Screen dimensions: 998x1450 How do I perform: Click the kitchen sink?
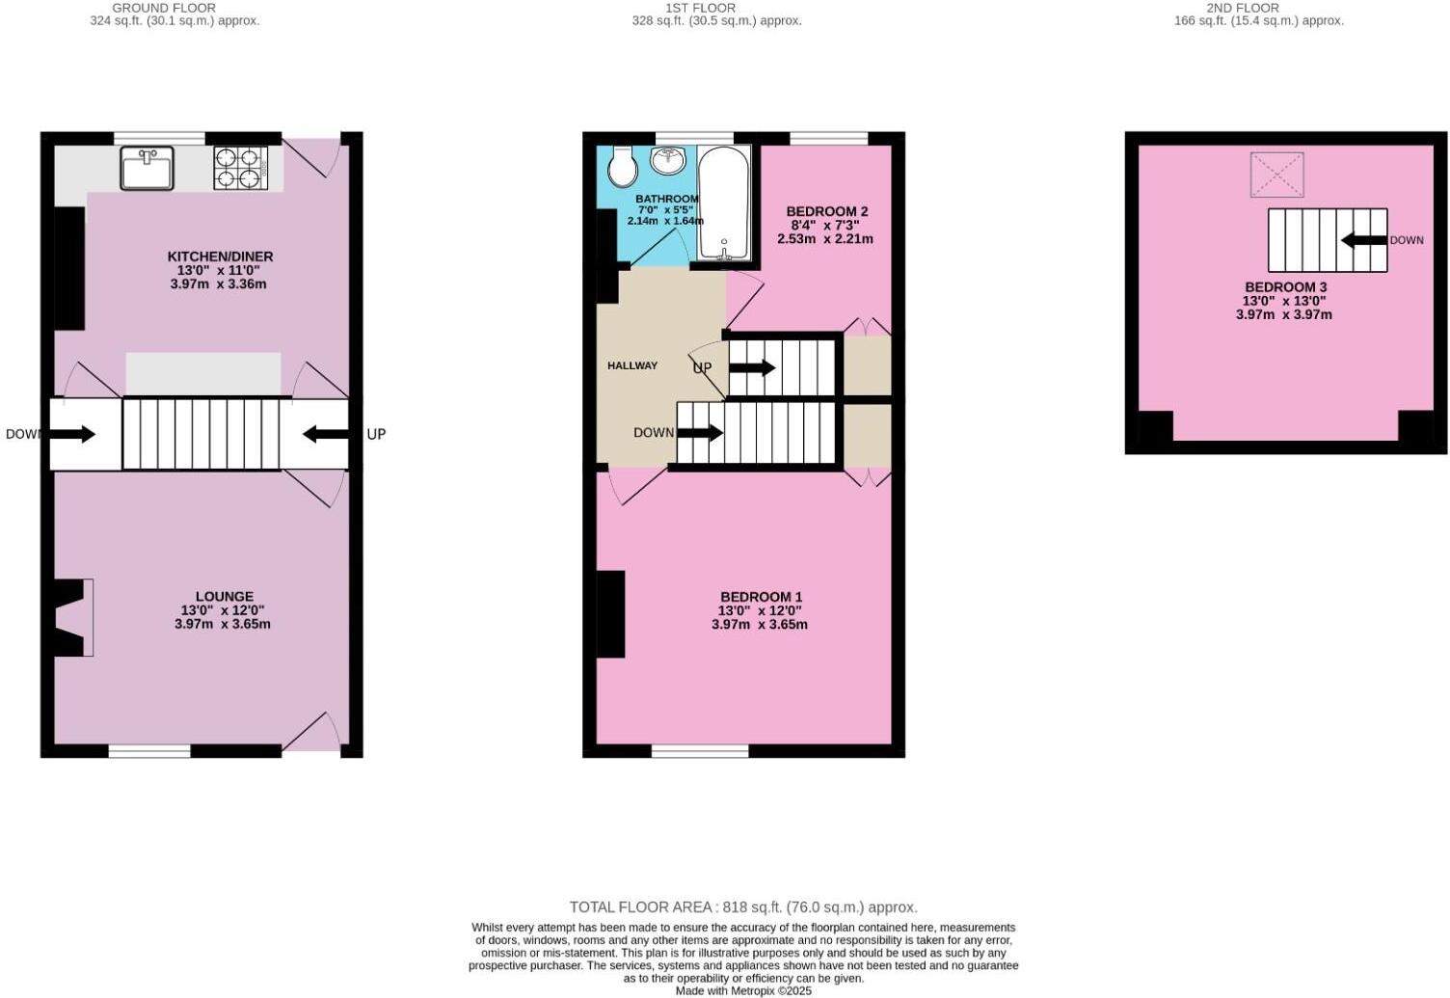click(x=147, y=168)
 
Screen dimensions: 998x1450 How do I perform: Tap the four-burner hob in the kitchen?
click(x=240, y=167)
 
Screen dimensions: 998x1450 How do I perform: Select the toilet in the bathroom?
click(x=623, y=167)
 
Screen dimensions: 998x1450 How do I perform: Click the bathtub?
click(x=723, y=202)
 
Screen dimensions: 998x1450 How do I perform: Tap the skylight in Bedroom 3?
click(x=1276, y=175)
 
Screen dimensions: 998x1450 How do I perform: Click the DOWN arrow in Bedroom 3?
click(x=1363, y=240)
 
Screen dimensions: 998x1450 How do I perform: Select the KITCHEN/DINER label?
click(x=220, y=256)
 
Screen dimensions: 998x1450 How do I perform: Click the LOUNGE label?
click(x=224, y=597)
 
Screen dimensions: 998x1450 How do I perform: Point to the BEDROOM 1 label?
click(x=761, y=597)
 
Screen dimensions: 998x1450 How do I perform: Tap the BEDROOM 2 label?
click(x=826, y=211)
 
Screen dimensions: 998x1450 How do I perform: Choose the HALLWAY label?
click(x=632, y=365)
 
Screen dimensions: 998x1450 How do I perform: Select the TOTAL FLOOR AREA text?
click(x=742, y=906)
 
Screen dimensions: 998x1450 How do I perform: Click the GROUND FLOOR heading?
click(x=164, y=8)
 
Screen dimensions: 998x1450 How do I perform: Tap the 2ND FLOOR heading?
click(x=1244, y=8)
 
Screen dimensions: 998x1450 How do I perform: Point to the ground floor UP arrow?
click(x=326, y=434)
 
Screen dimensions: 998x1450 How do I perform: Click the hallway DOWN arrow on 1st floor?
click(x=700, y=433)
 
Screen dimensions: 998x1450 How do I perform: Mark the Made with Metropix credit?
click(x=743, y=990)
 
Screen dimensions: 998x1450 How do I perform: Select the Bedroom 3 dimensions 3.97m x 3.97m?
click(x=1283, y=314)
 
